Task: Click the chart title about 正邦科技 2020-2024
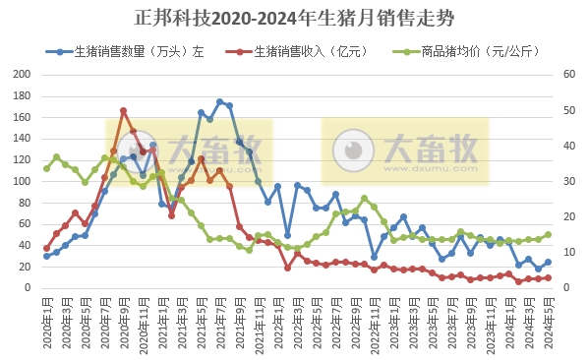pyautogui.click(x=295, y=19)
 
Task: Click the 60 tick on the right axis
pyautogui.click(x=569, y=74)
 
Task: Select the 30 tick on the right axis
pyautogui.click(x=569, y=182)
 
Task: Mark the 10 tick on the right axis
pyautogui.click(x=569, y=253)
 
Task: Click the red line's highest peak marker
pyautogui.click(x=123, y=110)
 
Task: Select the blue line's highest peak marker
pyautogui.click(x=220, y=101)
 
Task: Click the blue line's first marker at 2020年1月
pyautogui.click(x=46, y=257)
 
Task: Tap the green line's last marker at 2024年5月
pyautogui.click(x=548, y=235)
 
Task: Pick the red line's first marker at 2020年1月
pyautogui.click(x=46, y=249)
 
